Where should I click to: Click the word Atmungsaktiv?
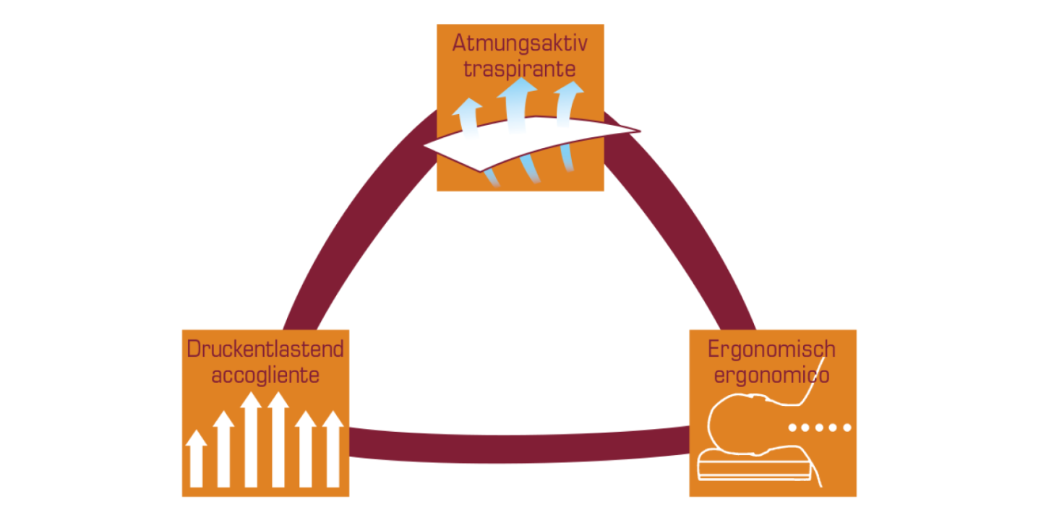click(520, 43)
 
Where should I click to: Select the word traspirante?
click(520, 70)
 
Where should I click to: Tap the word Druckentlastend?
click(265, 350)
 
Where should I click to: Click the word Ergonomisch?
click(771, 350)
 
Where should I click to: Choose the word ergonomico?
click(771, 376)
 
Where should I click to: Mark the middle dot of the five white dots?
click(821, 428)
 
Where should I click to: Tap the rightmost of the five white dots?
click(848, 428)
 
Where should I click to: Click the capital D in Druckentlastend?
click(193, 350)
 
